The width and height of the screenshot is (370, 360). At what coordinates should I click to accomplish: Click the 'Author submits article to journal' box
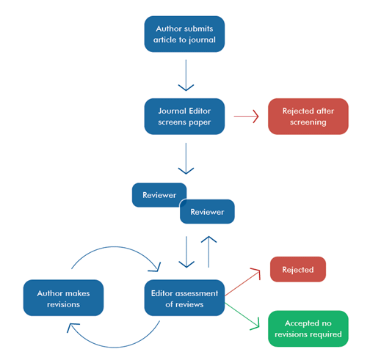click(185, 34)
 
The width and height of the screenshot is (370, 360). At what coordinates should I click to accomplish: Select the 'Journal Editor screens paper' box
click(185, 116)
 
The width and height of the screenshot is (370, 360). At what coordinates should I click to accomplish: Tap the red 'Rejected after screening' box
click(308, 116)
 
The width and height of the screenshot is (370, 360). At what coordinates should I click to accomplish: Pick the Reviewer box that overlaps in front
click(207, 212)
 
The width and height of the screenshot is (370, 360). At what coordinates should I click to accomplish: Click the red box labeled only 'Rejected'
click(297, 269)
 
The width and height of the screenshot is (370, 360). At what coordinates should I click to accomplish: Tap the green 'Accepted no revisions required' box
click(308, 328)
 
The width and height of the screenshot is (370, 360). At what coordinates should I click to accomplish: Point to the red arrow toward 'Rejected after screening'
click(247, 116)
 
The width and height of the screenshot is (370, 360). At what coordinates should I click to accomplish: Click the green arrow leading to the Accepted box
click(243, 312)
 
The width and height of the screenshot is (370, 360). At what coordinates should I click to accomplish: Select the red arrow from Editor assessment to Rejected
click(243, 283)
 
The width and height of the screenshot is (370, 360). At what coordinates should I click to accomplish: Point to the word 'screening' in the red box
click(308, 122)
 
